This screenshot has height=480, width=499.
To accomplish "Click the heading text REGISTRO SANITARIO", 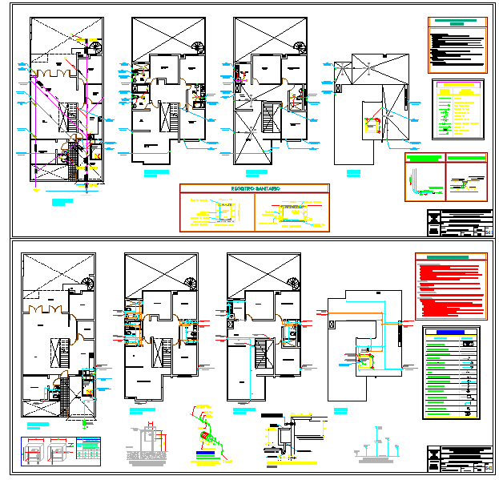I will [x=253, y=188].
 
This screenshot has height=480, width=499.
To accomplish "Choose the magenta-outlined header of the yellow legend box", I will [x=459, y=83].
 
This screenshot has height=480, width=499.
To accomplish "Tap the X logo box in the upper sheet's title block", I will [x=434, y=217].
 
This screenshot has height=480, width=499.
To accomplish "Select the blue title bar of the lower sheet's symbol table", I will [x=449, y=332].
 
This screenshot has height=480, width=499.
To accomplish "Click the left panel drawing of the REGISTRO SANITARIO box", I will [x=217, y=212].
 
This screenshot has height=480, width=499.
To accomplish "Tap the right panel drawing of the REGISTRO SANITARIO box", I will [x=290, y=212].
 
